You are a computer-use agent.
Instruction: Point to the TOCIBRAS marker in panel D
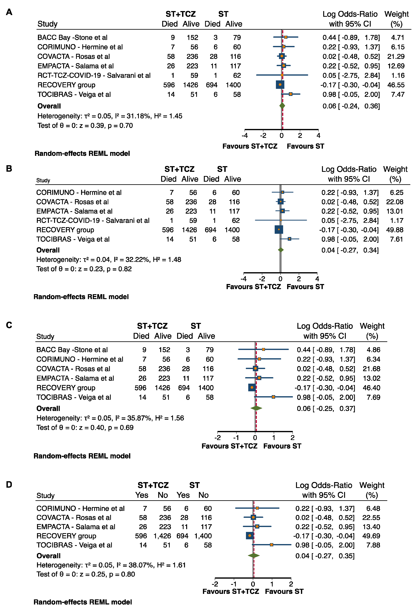click(271, 545)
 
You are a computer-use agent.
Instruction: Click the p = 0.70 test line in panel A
click(85, 126)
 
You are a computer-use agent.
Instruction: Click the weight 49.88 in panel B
click(395, 230)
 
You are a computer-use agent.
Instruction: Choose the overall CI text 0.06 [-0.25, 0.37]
click(326, 409)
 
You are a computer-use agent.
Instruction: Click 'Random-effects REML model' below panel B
click(81, 297)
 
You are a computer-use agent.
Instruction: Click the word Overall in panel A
click(49, 106)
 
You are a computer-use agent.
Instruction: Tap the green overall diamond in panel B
click(281, 250)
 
